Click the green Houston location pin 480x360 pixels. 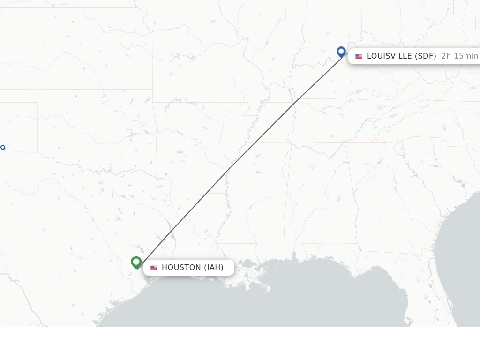(x=136, y=262)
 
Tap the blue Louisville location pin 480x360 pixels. (x=341, y=52)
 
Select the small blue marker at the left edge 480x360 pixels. (x=3, y=148)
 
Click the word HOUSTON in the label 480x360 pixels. (x=181, y=268)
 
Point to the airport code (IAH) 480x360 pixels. (x=214, y=268)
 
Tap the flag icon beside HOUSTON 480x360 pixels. (x=154, y=268)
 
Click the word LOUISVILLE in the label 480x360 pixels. (x=390, y=56)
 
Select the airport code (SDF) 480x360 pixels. (x=426, y=56)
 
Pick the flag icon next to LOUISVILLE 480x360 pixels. (x=359, y=57)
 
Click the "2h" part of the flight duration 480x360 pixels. (x=446, y=56)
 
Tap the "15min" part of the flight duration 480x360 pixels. (x=466, y=56)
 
